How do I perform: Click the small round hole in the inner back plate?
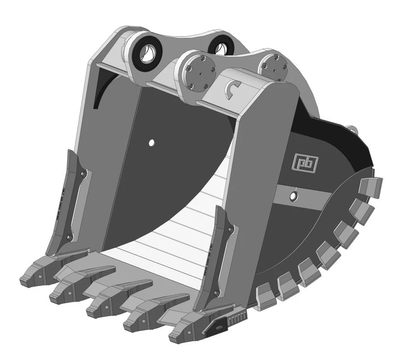[x=151, y=143]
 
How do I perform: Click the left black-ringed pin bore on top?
[x=148, y=55]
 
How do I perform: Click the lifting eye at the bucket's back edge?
[x=352, y=128]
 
